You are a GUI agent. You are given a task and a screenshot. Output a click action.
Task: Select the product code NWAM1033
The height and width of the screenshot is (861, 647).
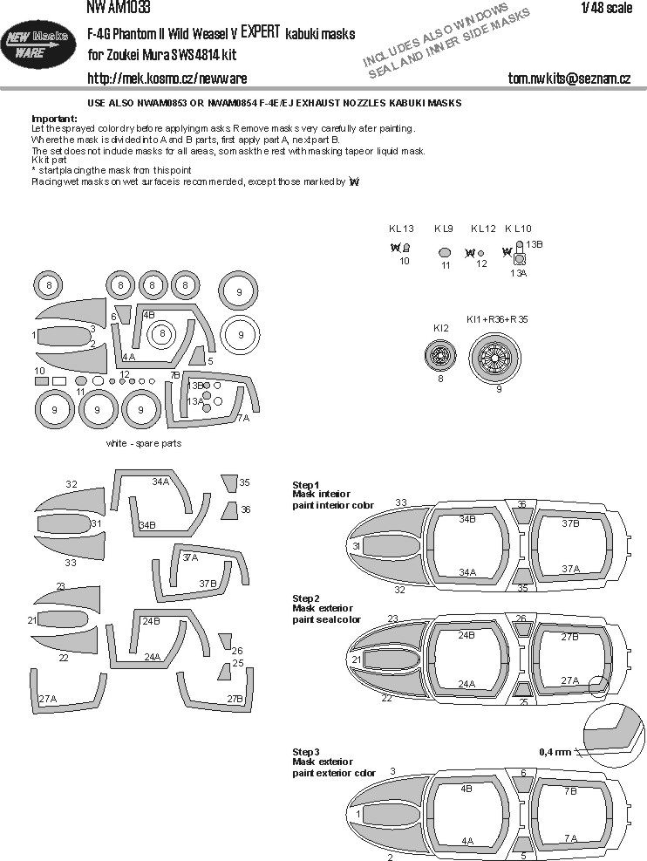(118, 8)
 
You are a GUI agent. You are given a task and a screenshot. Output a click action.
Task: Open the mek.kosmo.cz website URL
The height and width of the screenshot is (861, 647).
(167, 79)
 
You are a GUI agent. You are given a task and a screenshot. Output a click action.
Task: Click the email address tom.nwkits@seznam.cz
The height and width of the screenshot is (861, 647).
(569, 79)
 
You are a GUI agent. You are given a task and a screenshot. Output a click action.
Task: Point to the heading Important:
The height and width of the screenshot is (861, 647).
(54, 118)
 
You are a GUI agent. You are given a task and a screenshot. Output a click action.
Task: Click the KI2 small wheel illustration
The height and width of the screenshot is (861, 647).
(441, 355)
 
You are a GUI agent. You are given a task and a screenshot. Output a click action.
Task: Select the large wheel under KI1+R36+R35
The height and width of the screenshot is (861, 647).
(496, 356)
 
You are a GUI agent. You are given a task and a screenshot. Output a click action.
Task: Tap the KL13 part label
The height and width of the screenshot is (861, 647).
(401, 229)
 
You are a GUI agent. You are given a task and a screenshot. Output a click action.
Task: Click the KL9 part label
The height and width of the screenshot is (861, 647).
(444, 229)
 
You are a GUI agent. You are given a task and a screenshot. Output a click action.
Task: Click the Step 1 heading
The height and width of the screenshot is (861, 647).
(306, 484)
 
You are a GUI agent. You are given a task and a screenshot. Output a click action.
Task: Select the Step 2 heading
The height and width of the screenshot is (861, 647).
(306, 598)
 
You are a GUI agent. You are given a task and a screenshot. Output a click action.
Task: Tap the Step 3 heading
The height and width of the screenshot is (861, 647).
(306, 751)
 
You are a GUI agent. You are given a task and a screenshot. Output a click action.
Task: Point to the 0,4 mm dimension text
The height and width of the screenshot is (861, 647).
(555, 751)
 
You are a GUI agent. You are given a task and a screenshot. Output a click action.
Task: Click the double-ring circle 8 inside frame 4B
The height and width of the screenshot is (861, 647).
(161, 335)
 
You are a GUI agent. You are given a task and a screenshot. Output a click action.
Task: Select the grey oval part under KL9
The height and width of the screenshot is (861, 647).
(445, 253)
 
